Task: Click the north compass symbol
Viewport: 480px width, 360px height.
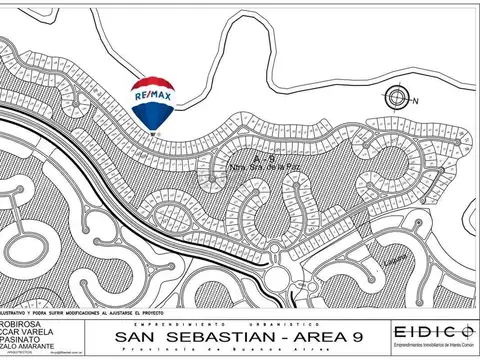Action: coord(397,97)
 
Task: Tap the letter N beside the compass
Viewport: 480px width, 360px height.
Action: coord(414,101)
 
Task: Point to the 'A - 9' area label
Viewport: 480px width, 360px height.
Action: coord(263,158)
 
